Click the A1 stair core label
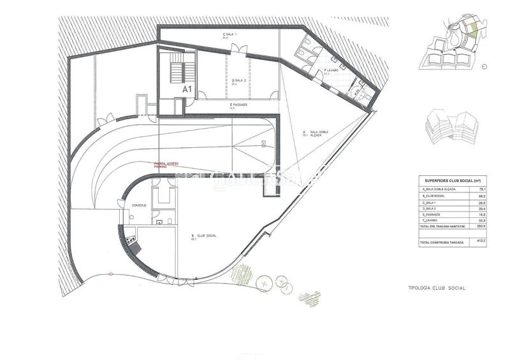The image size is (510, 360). click(x=187, y=90)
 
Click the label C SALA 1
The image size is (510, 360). click(x=229, y=35)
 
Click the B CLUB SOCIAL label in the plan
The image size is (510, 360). click(x=203, y=236)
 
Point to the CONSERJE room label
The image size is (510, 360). click(x=140, y=206)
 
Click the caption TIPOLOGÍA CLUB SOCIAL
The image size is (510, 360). click(x=437, y=288)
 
